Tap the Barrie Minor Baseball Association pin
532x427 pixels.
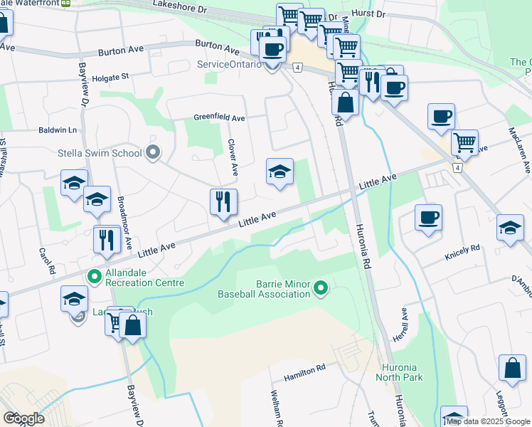pyautogui.click(x=321, y=288)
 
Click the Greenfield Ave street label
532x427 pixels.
pyautogui.click(x=220, y=118)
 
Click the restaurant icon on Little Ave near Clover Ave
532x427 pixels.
pyautogui.click(x=223, y=202)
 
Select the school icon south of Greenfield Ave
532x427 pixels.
pyautogui.click(x=280, y=172)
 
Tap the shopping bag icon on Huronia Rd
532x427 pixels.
pyautogui.click(x=345, y=102)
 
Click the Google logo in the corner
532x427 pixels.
pyautogui.click(x=23, y=418)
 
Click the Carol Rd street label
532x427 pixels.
pyautogui.click(x=47, y=261)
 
